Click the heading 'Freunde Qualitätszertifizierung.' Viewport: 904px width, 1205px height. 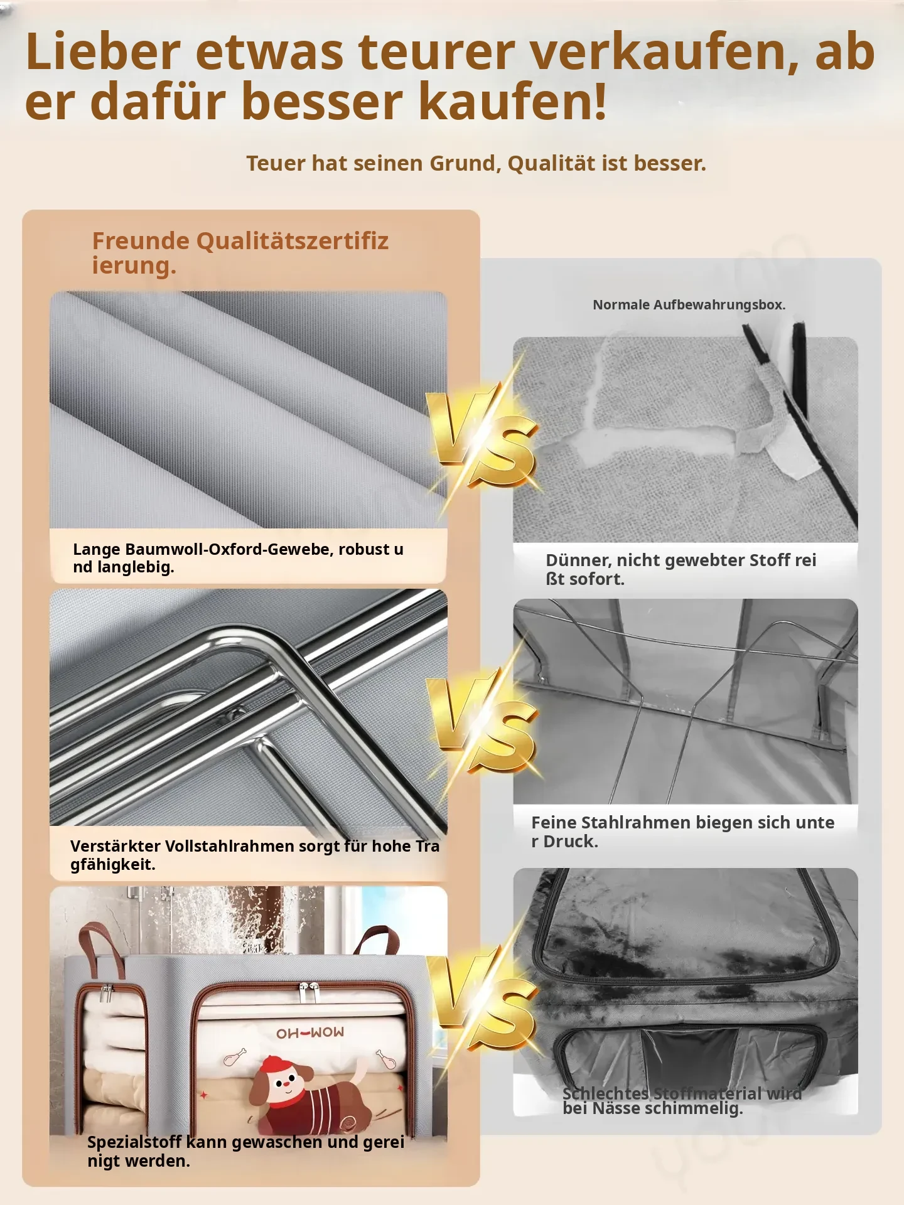[240, 253]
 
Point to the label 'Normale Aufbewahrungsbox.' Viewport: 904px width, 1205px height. [689, 305]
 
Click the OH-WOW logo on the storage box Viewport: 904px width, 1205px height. [310, 1033]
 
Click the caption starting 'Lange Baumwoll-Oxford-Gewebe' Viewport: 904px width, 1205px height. [239, 558]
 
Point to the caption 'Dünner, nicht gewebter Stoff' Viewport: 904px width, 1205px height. [681, 569]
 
